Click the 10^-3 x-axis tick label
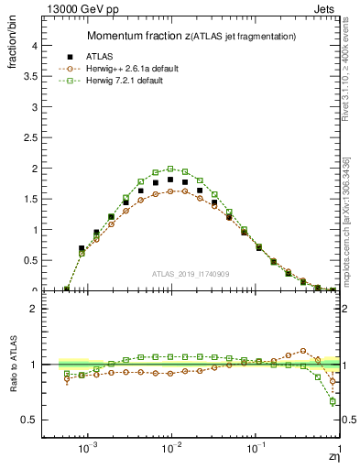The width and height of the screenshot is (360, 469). pos(88,450)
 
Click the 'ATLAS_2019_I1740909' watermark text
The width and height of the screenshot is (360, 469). pos(191,274)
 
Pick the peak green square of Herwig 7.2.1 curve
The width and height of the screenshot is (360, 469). pos(170,169)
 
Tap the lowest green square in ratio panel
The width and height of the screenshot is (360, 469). pos(333,401)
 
